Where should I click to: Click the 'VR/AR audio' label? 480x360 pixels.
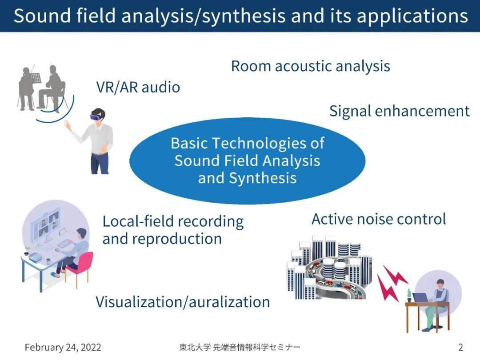[138, 87]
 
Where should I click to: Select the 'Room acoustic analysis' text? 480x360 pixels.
[310, 66]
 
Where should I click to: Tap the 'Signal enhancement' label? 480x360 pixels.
[399, 111]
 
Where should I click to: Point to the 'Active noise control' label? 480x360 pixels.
[379, 219]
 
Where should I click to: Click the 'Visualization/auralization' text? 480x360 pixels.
[183, 302]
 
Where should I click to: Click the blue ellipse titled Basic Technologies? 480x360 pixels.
[247, 160]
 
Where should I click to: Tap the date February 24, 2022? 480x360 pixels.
[63, 347]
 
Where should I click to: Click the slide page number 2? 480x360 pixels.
[460, 347]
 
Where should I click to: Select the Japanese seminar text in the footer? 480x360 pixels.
[237, 347]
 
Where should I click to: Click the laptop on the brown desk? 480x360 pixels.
[420, 298]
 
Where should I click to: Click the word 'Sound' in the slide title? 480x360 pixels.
[40, 16]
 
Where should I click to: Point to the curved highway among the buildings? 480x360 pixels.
[338, 278]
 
